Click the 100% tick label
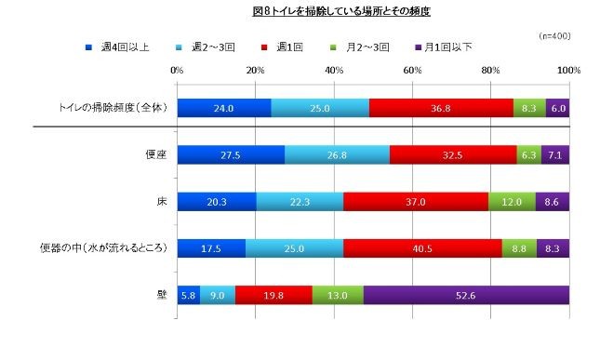(568, 70)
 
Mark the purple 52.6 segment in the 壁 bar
(466, 295)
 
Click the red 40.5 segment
(423, 248)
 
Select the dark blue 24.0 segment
(224, 108)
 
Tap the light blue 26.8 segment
(337, 154)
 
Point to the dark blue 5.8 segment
(188, 295)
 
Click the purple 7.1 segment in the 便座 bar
(555, 154)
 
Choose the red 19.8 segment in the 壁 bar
(273, 295)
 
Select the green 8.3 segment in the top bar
(529, 108)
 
